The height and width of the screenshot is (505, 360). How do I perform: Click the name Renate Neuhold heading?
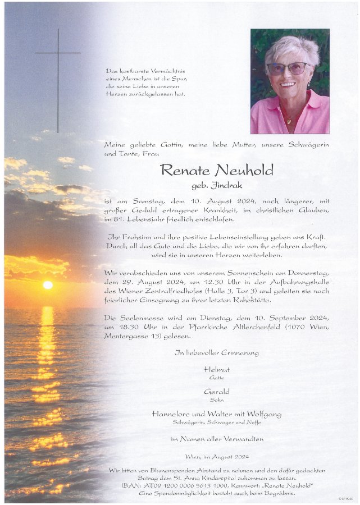point(216,170)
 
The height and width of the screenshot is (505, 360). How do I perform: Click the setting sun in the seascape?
point(48,284)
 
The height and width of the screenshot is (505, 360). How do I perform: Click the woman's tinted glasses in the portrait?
point(287,68)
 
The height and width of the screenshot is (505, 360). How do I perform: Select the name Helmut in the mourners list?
point(217,370)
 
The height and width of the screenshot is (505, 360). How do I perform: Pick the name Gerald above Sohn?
point(217,391)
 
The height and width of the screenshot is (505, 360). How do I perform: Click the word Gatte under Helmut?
point(217,378)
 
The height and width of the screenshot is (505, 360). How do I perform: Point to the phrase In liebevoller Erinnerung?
point(217,352)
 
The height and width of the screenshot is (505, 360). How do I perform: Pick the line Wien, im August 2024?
point(217,457)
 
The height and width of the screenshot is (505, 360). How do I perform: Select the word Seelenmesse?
point(142,318)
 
